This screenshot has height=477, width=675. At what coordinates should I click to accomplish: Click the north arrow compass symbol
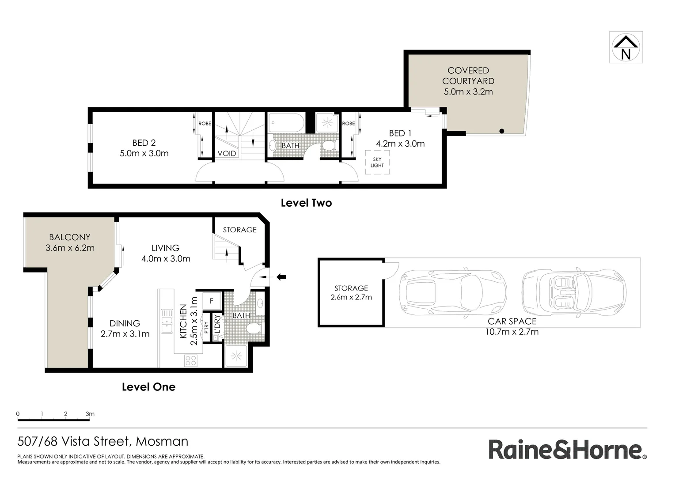click(x=626, y=47)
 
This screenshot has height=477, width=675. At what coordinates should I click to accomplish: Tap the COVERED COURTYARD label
click(x=468, y=76)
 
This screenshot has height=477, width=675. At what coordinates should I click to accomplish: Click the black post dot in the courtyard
click(x=502, y=131)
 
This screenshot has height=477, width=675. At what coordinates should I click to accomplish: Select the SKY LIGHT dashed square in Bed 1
click(x=377, y=163)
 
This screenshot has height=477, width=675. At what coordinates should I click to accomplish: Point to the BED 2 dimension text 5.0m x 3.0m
click(x=144, y=153)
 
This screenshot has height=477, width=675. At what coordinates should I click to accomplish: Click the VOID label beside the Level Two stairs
click(x=227, y=153)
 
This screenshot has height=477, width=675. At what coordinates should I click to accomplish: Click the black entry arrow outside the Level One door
click(x=281, y=277)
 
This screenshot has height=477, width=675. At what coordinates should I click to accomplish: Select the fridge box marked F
click(x=212, y=301)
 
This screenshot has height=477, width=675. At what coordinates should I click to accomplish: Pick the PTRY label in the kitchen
click(x=206, y=327)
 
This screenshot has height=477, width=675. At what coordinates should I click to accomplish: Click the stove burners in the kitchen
click(x=190, y=360)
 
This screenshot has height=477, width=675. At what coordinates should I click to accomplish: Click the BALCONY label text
click(x=69, y=237)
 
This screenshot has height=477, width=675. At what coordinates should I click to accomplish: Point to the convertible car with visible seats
click(x=574, y=292)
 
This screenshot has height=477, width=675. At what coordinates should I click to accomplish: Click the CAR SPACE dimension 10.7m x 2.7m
click(x=512, y=332)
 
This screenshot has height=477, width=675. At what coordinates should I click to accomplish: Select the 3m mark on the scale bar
click(x=90, y=414)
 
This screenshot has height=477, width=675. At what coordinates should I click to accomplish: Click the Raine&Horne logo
click(x=567, y=450)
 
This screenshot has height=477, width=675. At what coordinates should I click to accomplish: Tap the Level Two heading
click(x=306, y=203)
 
